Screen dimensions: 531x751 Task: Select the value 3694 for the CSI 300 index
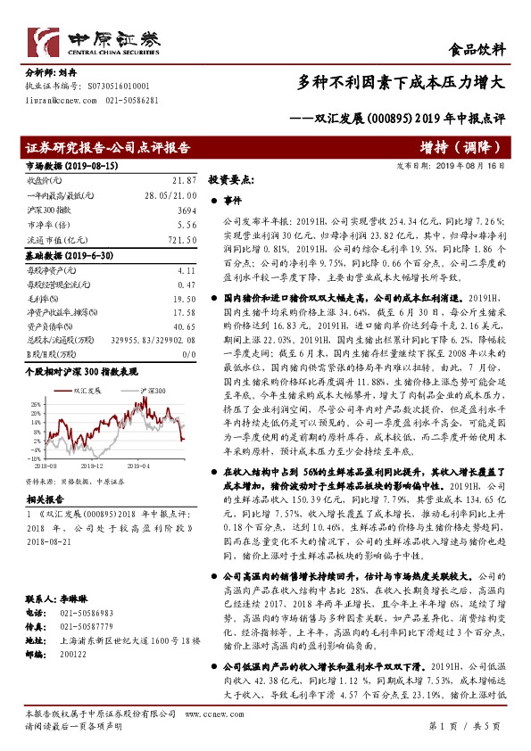click(184, 206)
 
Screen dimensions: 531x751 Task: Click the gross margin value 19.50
click(184, 300)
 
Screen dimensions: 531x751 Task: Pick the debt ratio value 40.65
click(184, 326)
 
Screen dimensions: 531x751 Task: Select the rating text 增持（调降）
click(462, 146)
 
